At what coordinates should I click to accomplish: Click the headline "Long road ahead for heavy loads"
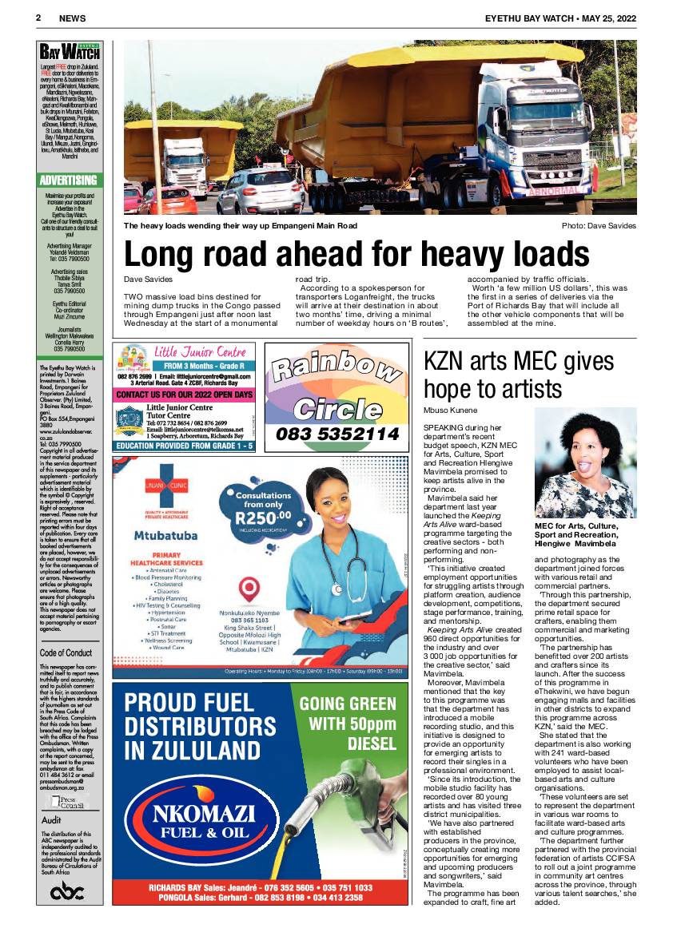click(x=356, y=255)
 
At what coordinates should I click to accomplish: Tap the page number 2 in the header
click(x=38, y=17)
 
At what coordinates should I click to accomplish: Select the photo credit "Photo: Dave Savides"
click(x=599, y=226)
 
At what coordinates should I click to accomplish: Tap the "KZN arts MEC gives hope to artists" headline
click(x=516, y=375)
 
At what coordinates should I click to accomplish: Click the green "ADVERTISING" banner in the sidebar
click(x=69, y=180)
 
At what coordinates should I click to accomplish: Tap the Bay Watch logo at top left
click(x=70, y=53)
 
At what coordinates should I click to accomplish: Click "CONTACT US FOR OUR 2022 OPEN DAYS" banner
click(x=185, y=395)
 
